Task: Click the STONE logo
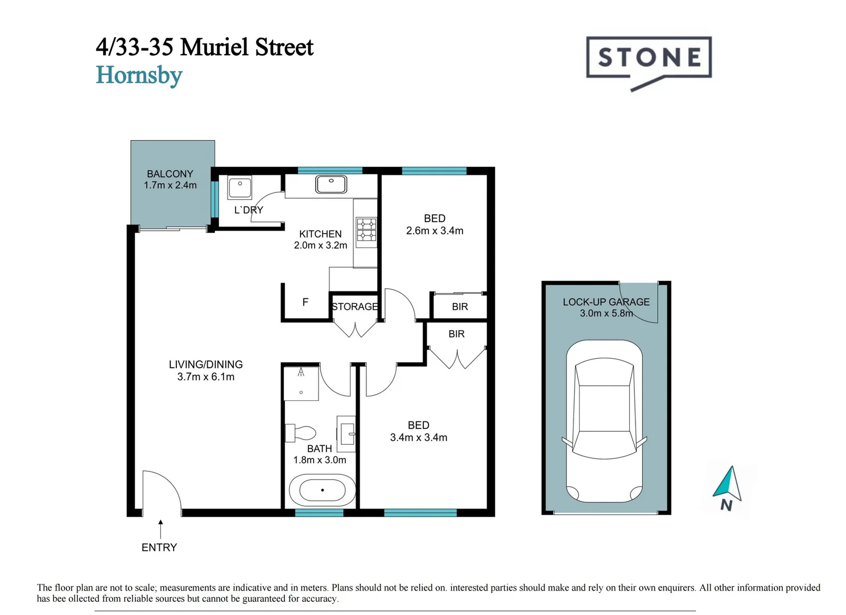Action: [649, 58]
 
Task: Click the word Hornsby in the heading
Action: [139, 76]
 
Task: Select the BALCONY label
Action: [170, 174]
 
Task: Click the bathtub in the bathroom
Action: [322, 490]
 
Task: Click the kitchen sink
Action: [331, 184]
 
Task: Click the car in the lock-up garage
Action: [604, 421]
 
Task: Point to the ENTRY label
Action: [159, 547]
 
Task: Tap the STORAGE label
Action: [354, 306]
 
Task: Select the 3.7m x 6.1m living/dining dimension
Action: [205, 377]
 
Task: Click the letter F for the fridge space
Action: [306, 302]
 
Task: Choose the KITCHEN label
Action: [320, 234]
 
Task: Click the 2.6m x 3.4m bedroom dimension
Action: [435, 231]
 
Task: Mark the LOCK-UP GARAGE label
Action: [606, 302]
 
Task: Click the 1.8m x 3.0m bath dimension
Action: [319, 460]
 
